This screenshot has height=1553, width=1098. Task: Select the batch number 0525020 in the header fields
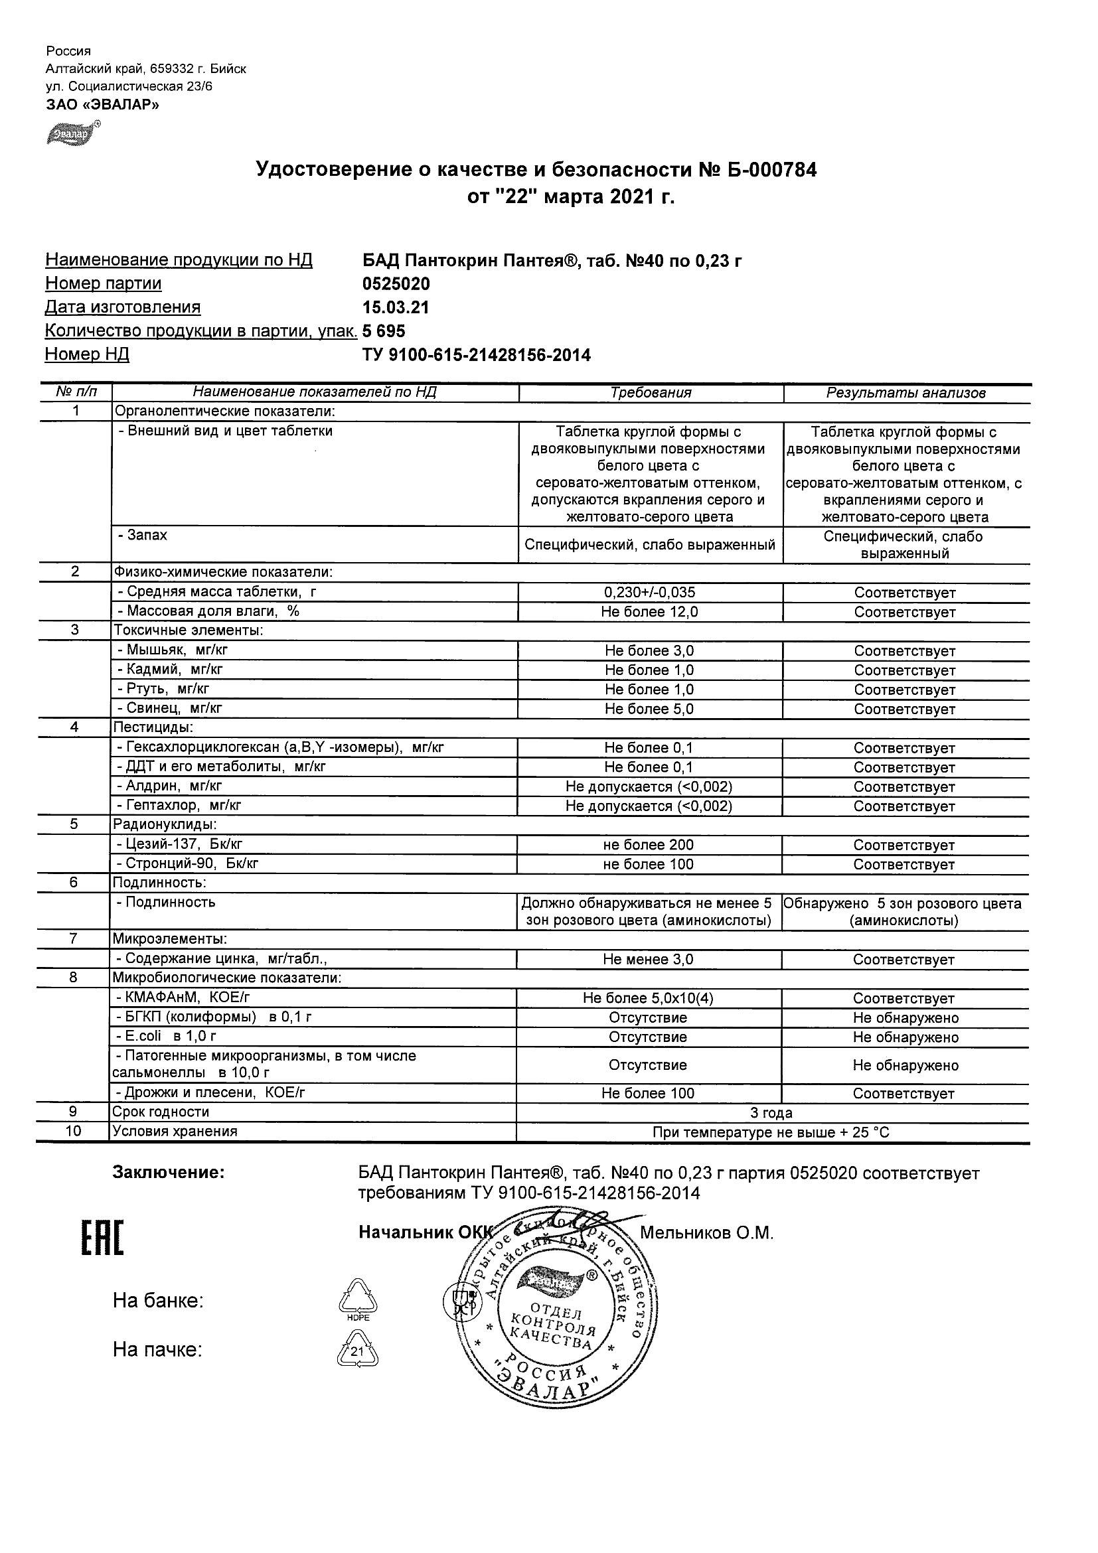[x=396, y=283]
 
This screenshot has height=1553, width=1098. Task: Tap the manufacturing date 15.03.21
[x=396, y=308]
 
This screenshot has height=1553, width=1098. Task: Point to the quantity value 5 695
[x=384, y=331]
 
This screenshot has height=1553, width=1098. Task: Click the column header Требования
[x=650, y=392]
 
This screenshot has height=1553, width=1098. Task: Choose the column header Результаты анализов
[x=906, y=392]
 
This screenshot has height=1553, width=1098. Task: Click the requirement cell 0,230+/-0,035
[x=649, y=593]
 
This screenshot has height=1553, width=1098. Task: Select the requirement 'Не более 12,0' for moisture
[x=649, y=612]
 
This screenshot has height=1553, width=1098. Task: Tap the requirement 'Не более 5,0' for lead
[x=649, y=709]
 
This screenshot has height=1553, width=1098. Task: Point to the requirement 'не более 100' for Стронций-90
[x=649, y=863]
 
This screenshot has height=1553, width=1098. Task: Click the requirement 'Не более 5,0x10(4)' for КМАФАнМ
[x=648, y=998]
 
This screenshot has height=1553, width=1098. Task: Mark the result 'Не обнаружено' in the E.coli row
[x=905, y=1037]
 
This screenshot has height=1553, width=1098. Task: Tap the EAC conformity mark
[x=102, y=1238]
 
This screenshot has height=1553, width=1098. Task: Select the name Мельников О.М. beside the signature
[x=706, y=1233]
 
